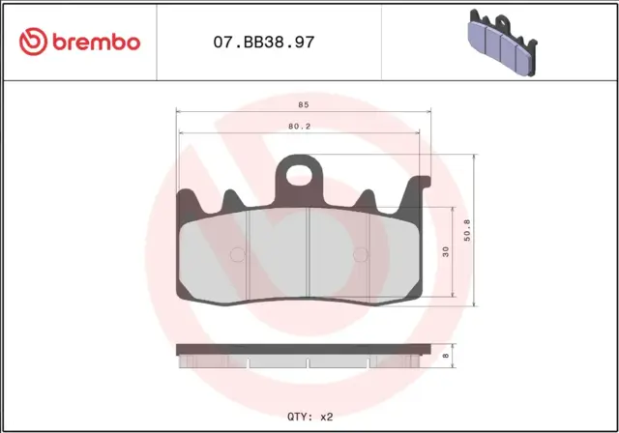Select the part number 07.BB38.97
tap(262, 43)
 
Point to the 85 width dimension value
tap(304, 104)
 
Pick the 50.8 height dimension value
tap(468, 232)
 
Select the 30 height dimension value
tap(446, 251)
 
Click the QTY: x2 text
tap(309, 416)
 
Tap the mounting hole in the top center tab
tap(301, 176)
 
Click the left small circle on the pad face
tap(238, 255)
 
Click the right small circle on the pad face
tap(362, 255)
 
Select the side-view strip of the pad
tap(299, 356)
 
